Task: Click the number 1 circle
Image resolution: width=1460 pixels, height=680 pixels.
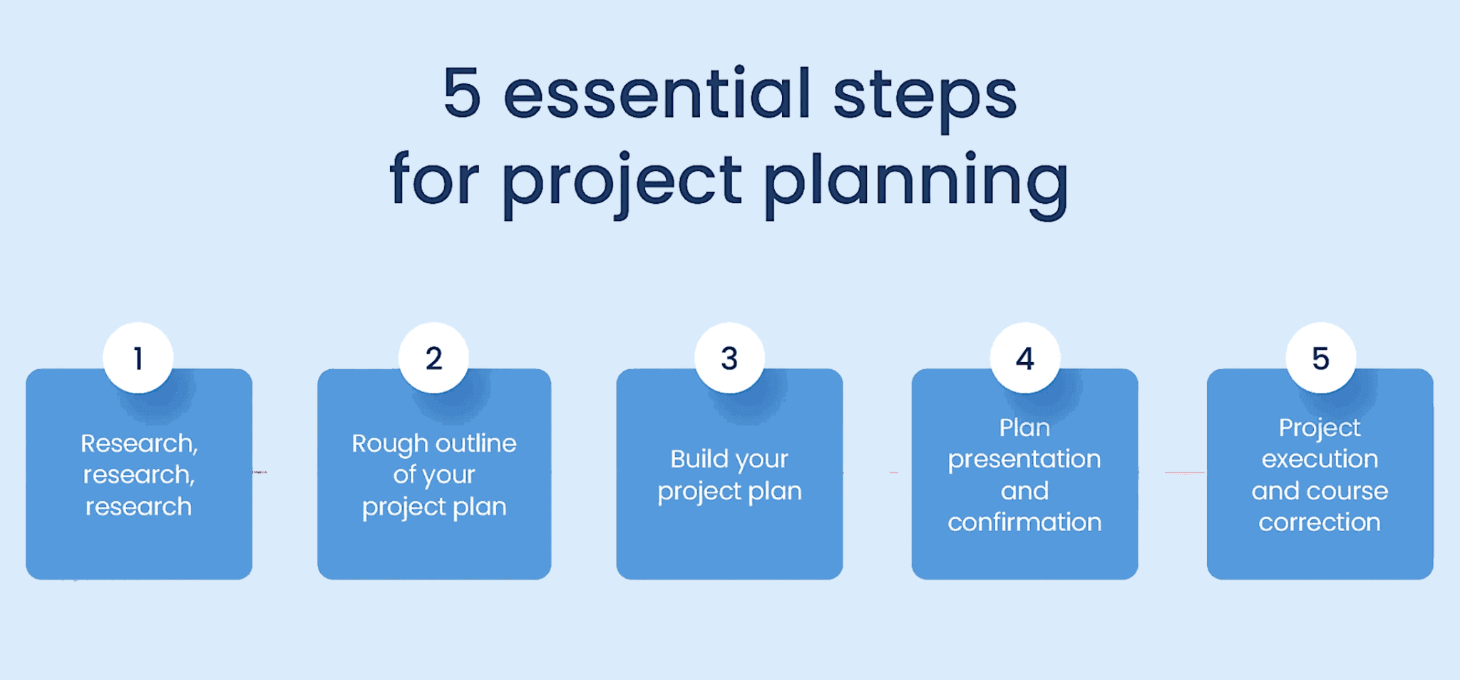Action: (x=138, y=358)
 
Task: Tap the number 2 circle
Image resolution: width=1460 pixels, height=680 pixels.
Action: (x=433, y=358)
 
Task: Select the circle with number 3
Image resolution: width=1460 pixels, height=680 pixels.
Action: (x=729, y=358)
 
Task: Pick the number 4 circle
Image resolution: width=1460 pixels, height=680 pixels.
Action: (x=1024, y=358)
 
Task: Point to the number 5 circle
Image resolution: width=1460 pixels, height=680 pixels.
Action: (x=1320, y=358)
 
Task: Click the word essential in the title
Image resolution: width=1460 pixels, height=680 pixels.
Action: (x=657, y=95)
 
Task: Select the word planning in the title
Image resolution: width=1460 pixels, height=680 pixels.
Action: (x=915, y=182)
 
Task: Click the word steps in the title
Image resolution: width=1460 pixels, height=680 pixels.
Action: (x=925, y=98)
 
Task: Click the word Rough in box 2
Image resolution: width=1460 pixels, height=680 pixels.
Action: (x=389, y=445)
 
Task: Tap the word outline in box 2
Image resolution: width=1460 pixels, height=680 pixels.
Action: (x=475, y=443)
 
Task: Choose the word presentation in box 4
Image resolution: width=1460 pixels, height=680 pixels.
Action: (x=1024, y=460)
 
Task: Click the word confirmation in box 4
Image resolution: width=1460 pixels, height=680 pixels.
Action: (x=1024, y=522)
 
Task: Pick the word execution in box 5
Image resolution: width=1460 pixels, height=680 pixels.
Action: (x=1320, y=459)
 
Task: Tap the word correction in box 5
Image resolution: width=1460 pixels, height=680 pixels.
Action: (x=1320, y=522)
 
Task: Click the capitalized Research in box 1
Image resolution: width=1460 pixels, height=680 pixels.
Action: (x=138, y=444)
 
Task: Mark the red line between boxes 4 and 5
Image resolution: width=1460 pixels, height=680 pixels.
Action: (x=1184, y=472)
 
